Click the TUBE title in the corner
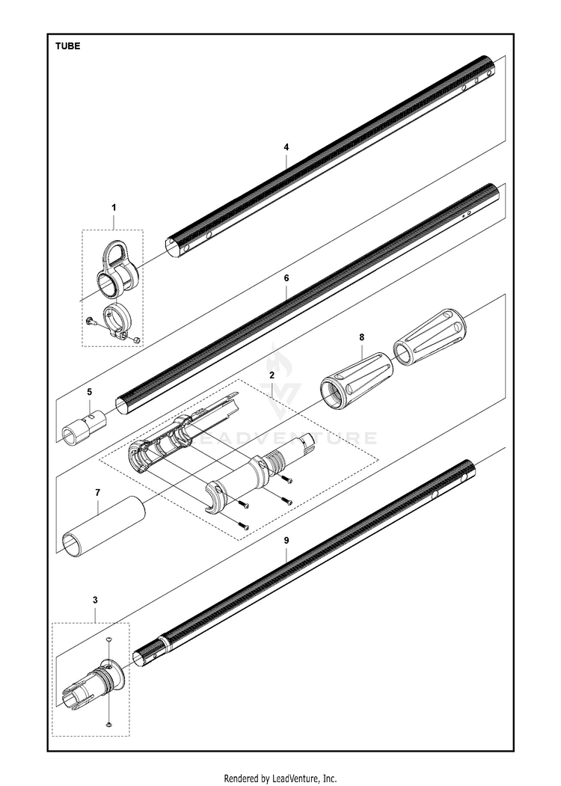67,46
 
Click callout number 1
114,206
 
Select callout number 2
272,373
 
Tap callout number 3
95,600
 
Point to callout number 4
286,147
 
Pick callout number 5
89,391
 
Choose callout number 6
286,277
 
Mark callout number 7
97,493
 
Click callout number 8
361,337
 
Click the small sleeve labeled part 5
85,427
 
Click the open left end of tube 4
171,248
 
